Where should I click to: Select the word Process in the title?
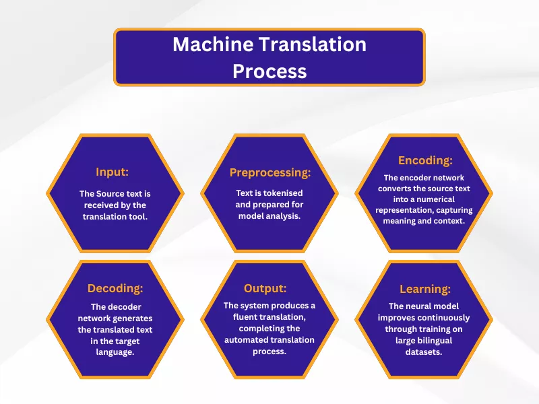pos(269,71)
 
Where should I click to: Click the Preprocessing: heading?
pos(269,172)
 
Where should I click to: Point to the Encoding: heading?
pos(425,160)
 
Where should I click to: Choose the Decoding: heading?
pos(115,288)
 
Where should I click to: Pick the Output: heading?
pos(269,288)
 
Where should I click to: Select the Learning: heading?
pos(424,288)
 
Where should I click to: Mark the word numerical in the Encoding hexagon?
pos(420,199)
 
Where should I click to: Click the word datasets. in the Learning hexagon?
pos(424,352)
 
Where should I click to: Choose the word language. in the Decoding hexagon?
pos(115,352)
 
